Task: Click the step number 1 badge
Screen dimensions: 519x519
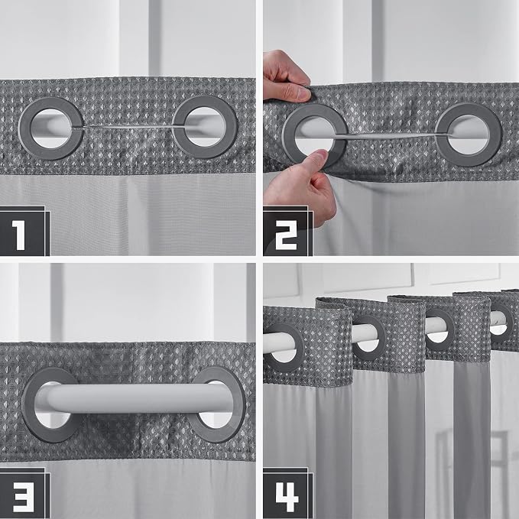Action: tap(23, 231)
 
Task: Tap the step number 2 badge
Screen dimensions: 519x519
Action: tap(287, 231)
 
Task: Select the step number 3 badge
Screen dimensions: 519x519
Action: tap(24, 493)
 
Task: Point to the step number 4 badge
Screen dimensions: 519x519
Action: tap(287, 493)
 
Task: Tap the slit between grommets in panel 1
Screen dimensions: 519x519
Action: tap(128, 127)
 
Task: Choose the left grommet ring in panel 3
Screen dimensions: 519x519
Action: tap(28, 404)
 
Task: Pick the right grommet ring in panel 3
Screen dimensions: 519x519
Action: tap(239, 404)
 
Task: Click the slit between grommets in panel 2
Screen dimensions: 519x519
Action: tap(391, 136)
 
